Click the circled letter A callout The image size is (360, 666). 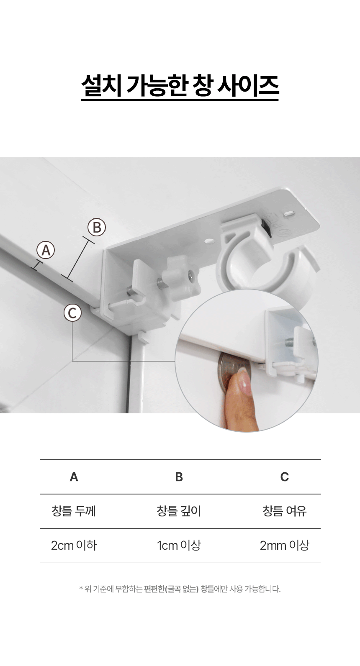[x=46, y=250]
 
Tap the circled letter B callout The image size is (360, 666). [x=97, y=228]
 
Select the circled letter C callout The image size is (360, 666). [x=72, y=313]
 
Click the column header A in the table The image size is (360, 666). [x=74, y=477]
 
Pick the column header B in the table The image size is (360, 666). [x=179, y=477]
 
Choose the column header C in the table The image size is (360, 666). [x=284, y=477]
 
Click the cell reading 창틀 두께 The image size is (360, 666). [x=74, y=511]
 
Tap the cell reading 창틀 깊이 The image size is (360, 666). [x=179, y=511]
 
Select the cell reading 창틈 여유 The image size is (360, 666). [x=284, y=511]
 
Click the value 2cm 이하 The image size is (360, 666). [x=74, y=545]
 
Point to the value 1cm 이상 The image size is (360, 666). [x=179, y=545]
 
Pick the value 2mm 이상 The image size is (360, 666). [x=284, y=545]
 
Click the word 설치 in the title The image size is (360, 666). [x=101, y=85]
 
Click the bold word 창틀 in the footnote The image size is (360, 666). [x=207, y=589]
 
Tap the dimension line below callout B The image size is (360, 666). [x=78, y=259]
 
